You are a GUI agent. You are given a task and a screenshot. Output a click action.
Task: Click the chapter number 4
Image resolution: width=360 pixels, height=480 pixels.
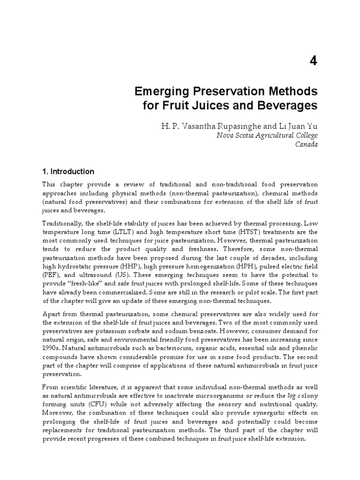(x=313, y=61)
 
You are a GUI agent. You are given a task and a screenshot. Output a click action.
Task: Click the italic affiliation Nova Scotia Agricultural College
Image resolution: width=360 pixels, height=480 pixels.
(x=267, y=135)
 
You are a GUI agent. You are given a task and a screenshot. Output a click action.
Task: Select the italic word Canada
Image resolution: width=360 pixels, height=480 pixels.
(x=306, y=144)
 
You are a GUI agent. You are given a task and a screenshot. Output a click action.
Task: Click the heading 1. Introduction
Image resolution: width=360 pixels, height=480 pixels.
(x=68, y=172)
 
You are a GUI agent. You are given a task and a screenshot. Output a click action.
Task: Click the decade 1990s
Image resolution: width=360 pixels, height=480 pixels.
(x=51, y=349)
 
